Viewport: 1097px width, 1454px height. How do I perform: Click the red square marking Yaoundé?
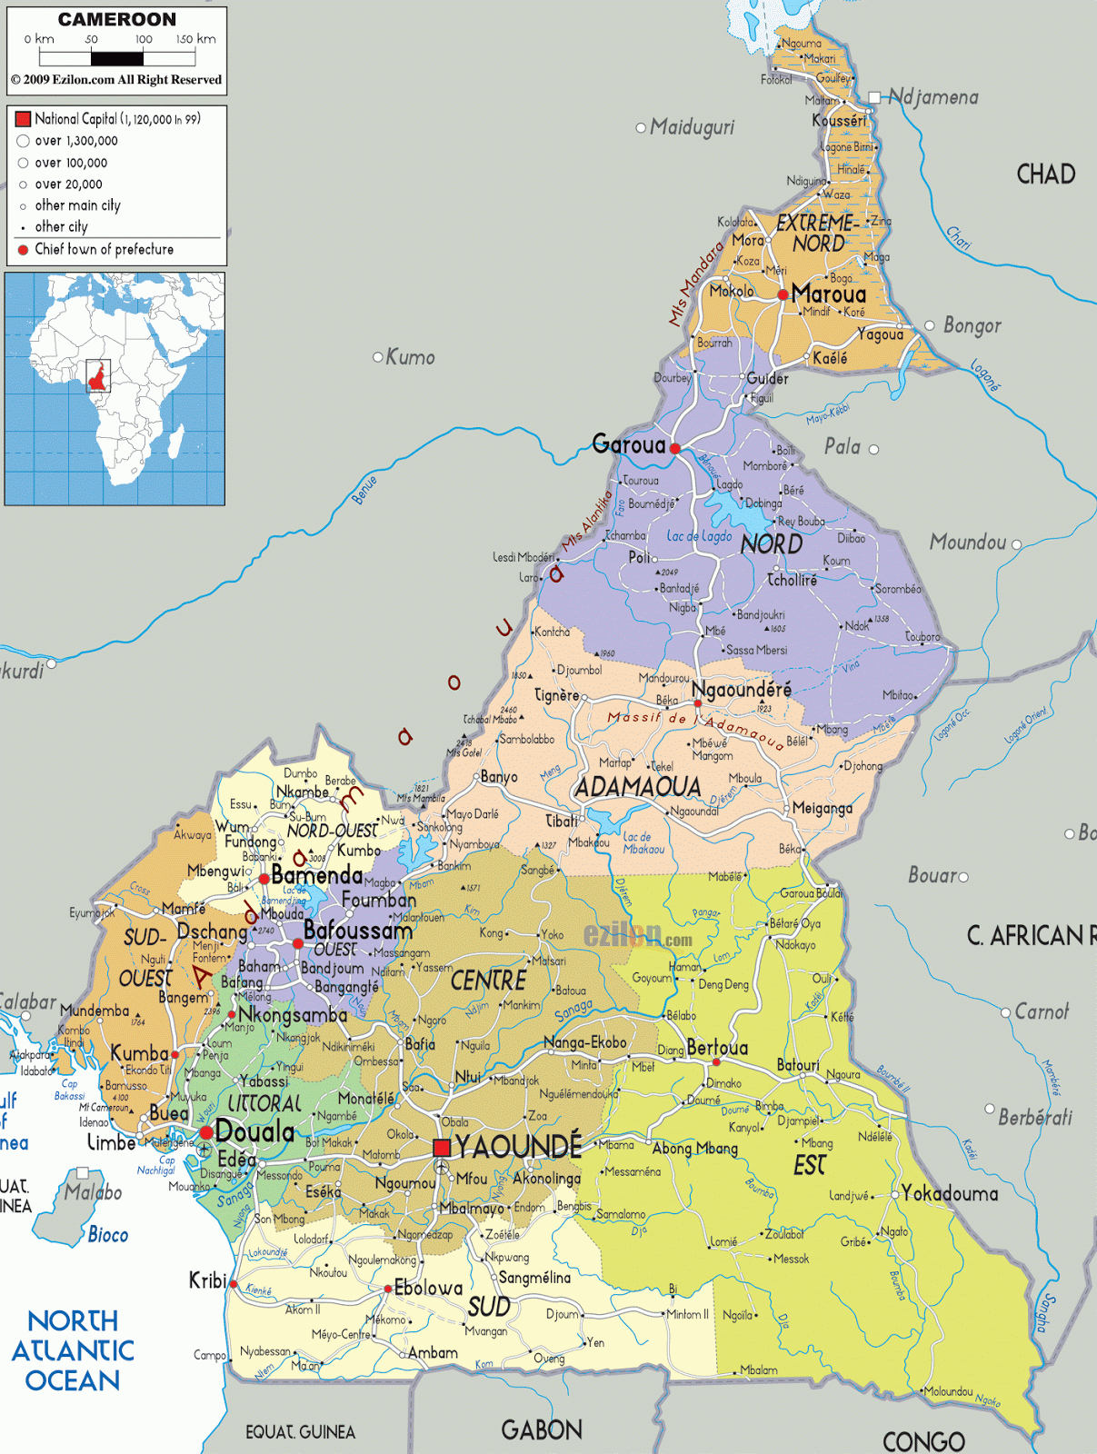click(x=442, y=1148)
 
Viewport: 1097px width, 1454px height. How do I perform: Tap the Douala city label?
click(x=255, y=1132)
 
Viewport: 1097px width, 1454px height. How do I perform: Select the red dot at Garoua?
click(x=674, y=448)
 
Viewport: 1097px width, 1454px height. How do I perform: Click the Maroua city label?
click(x=828, y=294)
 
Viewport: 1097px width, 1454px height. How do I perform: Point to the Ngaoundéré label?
click(x=741, y=689)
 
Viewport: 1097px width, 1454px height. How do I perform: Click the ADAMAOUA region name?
click(x=638, y=787)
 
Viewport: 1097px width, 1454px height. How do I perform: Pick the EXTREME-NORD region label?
click(x=815, y=234)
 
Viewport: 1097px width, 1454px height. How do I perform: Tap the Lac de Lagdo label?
click(x=699, y=536)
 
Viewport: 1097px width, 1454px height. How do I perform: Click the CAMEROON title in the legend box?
click(x=117, y=19)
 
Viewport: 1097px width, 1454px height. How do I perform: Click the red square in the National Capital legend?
click(x=24, y=118)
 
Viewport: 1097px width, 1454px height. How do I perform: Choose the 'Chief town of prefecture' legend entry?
click(x=104, y=249)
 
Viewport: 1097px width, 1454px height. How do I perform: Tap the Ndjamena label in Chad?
click(x=932, y=96)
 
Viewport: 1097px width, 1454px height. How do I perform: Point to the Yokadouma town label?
click(x=949, y=1193)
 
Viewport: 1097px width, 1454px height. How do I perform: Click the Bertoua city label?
click(x=717, y=1048)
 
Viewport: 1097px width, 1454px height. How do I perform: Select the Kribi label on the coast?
click(x=207, y=1280)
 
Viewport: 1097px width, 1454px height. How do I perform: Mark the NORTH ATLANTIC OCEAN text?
click(x=73, y=1350)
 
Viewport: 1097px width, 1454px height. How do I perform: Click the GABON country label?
click(x=542, y=1429)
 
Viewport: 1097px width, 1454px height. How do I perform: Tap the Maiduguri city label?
click(x=692, y=127)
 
